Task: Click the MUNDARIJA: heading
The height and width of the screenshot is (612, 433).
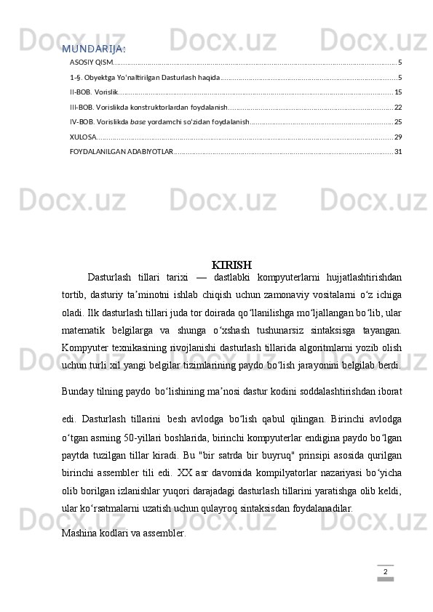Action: pyautogui.click(x=92, y=49)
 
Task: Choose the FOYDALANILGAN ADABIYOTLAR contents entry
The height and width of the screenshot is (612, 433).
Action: pyautogui.click(x=121, y=151)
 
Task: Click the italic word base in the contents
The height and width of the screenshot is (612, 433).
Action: pyautogui.click(x=138, y=121)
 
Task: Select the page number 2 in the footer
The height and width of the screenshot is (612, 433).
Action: pyautogui.click(x=385, y=573)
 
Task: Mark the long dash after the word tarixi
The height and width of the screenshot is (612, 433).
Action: pyautogui.click(x=200, y=277)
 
